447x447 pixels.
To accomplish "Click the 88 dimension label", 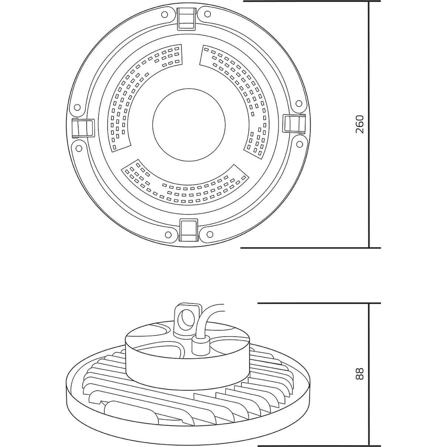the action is (360, 373).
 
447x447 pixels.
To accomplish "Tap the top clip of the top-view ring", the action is (187, 19).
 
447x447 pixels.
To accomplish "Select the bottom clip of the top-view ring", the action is (189, 230).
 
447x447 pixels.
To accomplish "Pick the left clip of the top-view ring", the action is (83, 128).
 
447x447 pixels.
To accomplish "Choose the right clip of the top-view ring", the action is (294, 123).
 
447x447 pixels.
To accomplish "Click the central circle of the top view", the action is (189, 124).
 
